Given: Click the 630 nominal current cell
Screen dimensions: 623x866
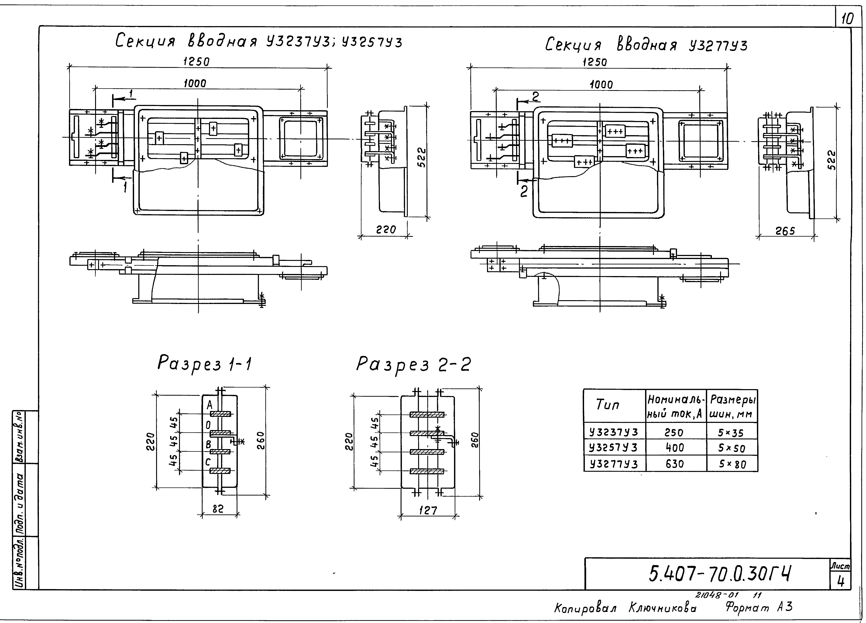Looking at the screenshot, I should [675, 464].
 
